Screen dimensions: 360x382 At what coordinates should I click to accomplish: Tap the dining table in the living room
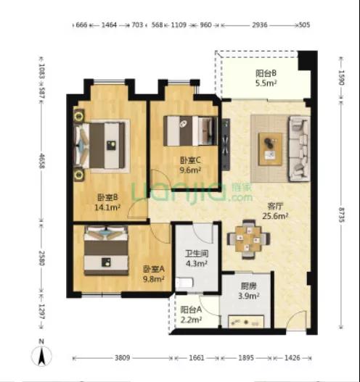point(248,239)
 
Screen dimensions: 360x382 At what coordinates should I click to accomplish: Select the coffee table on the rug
point(270,149)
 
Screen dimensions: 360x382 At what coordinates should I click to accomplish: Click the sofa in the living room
point(299,149)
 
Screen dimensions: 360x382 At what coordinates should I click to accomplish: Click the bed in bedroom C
point(190,130)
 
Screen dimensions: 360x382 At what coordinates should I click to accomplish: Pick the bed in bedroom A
point(106,251)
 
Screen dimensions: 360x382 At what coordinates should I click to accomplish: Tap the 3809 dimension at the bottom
point(122,358)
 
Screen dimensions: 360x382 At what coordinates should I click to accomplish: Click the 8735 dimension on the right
point(341,215)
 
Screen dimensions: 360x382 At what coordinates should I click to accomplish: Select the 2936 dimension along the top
point(259,25)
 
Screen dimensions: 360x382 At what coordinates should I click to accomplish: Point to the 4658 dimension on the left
point(41,161)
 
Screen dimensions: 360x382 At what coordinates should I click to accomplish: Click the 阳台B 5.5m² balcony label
point(266,78)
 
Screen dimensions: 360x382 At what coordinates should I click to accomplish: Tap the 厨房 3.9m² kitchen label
point(248,291)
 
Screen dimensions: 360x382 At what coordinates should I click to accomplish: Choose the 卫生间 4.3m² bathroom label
point(197,259)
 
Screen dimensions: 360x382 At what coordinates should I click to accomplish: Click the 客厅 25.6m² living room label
point(275,211)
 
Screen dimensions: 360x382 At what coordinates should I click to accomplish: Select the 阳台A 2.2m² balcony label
point(191,315)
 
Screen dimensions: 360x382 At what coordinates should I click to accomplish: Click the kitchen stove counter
point(246,322)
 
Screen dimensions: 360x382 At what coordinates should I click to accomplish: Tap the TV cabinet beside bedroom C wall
point(226,144)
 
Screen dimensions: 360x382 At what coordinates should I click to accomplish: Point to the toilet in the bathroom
point(184,283)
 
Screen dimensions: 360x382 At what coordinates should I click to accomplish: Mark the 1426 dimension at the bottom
point(292,358)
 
